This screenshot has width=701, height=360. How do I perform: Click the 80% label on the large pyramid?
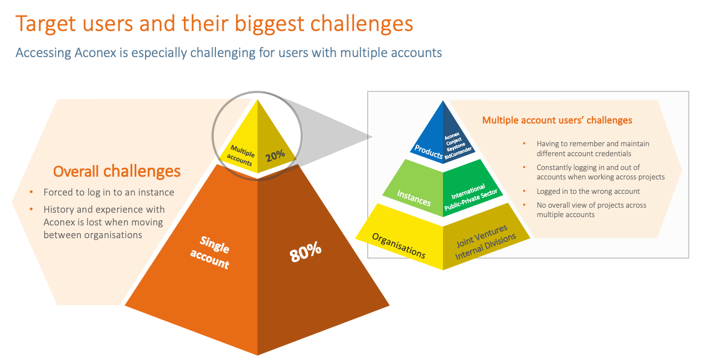[x=305, y=252]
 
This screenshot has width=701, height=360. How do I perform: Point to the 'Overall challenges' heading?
[x=117, y=171]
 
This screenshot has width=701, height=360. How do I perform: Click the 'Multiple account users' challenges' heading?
[x=557, y=120]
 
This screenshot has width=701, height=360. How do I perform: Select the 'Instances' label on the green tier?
[x=414, y=197]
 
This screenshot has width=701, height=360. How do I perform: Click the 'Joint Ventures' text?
[x=482, y=235]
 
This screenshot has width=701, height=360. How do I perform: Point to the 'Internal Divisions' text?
[x=486, y=246]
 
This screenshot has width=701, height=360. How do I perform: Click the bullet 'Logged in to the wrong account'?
[x=588, y=191]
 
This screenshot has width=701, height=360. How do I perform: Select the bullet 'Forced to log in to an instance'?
[x=109, y=192]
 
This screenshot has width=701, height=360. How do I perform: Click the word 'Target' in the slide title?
[x=47, y=24]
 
